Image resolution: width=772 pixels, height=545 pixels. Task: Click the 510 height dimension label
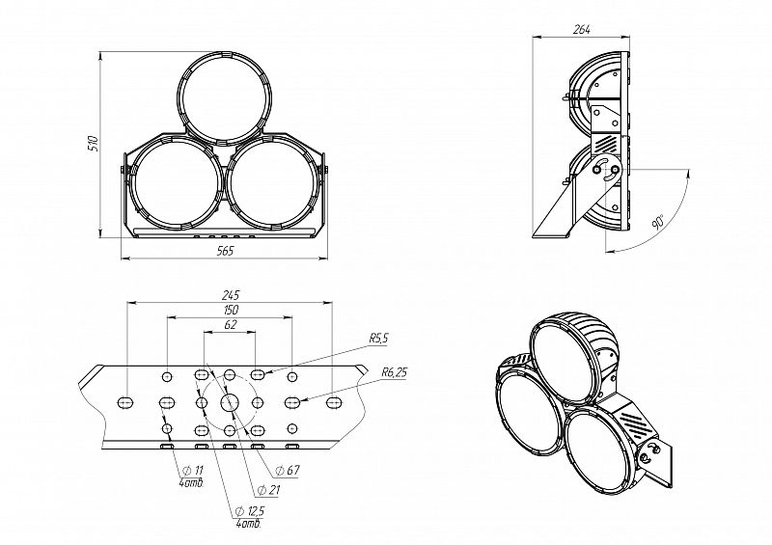93,143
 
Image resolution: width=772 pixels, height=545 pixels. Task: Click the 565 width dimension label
225,251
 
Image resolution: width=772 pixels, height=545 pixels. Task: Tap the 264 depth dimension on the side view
582,29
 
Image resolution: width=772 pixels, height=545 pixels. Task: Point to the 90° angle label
658,221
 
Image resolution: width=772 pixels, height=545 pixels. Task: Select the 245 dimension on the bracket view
230,295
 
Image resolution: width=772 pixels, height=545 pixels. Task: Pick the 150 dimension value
230,310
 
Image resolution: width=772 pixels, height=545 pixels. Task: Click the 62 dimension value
230,324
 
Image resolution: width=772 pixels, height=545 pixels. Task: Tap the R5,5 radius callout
378,339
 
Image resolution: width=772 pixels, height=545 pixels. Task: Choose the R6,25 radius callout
394,372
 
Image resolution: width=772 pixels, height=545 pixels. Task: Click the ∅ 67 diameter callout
288,470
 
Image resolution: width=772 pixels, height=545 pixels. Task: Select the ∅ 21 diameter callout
268,490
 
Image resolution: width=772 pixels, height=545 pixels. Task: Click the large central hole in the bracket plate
229,402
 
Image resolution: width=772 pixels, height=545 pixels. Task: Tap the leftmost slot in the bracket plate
125,402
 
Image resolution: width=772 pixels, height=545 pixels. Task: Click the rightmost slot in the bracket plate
334,402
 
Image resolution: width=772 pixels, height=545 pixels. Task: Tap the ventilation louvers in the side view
607,144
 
